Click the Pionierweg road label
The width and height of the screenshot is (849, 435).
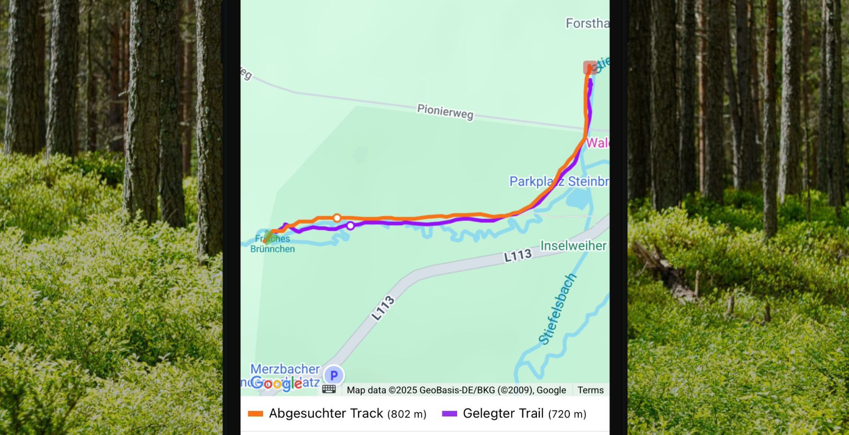coord(445,111)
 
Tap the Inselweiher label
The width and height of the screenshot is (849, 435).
coord(573,246)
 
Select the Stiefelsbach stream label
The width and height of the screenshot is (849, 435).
coord(557,309)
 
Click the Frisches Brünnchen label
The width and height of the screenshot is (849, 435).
coord(273,244)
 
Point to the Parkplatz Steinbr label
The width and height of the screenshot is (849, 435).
coord(559,182)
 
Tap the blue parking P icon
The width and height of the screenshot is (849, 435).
coord(334,375)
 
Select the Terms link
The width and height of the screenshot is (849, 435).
coord(590,390)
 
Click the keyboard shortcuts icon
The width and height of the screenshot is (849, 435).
coord(329,389)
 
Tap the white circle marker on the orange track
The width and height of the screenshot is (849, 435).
coord(337,218)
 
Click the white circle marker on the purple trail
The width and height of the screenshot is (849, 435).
coord(350,226)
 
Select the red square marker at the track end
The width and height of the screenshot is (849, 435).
coord(590,68)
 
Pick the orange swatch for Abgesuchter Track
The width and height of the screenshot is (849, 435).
coord(255,414)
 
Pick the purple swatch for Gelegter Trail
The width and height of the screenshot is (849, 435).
coord(449,414)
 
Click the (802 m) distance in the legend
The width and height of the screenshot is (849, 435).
coord(407,414)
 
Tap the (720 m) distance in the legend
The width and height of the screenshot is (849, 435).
coord(567,414)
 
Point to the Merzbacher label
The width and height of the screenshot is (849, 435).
coord(285,369)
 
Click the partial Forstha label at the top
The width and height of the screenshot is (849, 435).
coord(587,23)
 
